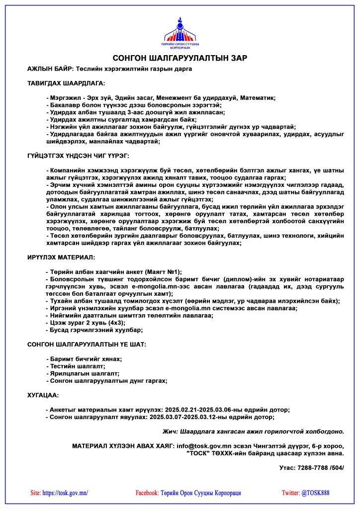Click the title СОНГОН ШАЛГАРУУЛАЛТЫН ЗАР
[180, 58]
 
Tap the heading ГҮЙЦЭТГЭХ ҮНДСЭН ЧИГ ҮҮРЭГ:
[78, 156]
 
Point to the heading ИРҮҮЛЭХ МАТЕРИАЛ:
[61, 257]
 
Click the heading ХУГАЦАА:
[43, 395]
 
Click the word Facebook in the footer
[147, 493]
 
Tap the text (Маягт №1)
[163, 272]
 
